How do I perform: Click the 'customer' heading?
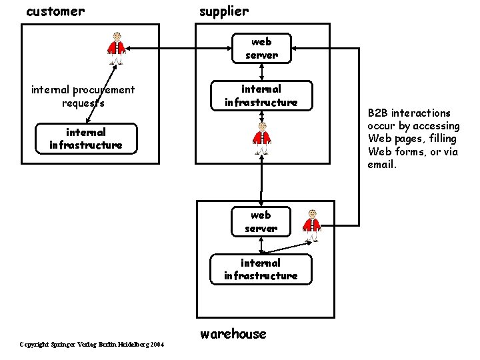pyautogui.click(x=55, y=11)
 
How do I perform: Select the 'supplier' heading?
pyautogui.click(x=224, y=11)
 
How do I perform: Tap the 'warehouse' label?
pyautogui.click(x=233, y=333)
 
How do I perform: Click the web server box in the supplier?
pyautogui.click(x=261, y=49)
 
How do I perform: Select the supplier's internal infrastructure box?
pyautogui.click(x=261, y=95)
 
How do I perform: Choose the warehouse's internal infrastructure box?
pyautogui.click(x=261, y=269)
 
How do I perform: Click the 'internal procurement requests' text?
pyautogui.click(x=83, y=96)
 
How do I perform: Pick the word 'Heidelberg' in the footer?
pyautogui.click(x=133, y=344)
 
